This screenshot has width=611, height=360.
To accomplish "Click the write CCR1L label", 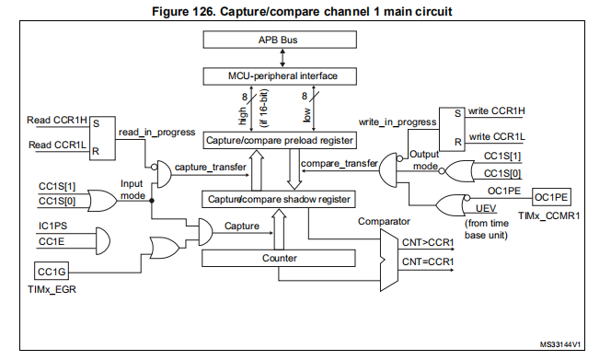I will click(496, 137).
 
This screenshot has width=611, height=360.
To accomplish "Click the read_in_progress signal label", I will click(156, 132).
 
